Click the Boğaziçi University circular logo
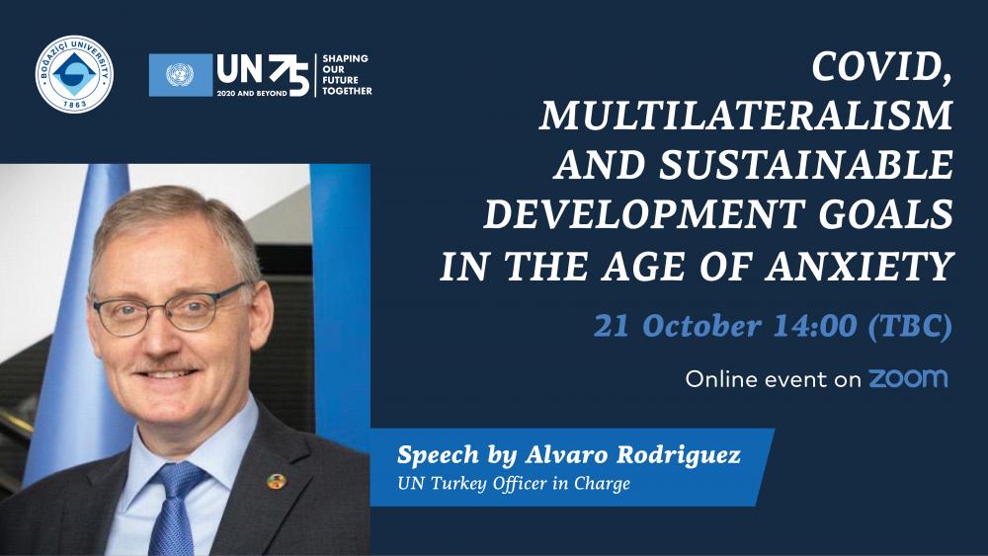pos(74,74)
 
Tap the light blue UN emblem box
pos(180,75)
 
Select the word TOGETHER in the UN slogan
pos(347,91)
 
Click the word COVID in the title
pos(881,67)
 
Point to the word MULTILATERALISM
pos(745,116)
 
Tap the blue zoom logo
pos(908,378)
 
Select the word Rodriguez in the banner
pos(679,455)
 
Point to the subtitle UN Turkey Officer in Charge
pos(514,484)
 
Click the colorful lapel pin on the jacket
pos(276,482)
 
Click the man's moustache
pos(167,365)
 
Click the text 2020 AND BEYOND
pos(252,93)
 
